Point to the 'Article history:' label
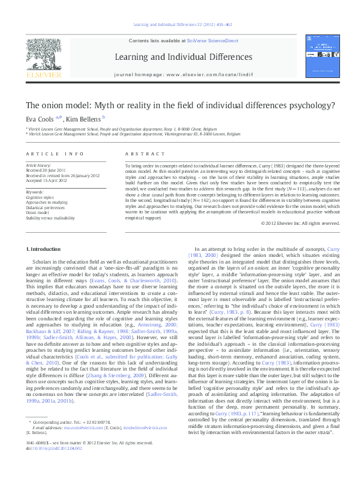coord(39,164)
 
